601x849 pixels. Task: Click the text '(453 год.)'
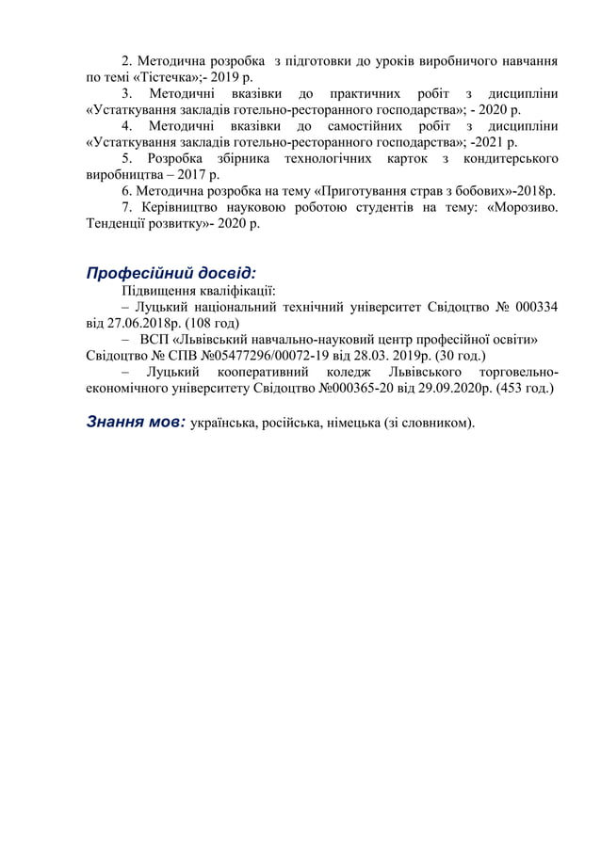(520, 388)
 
